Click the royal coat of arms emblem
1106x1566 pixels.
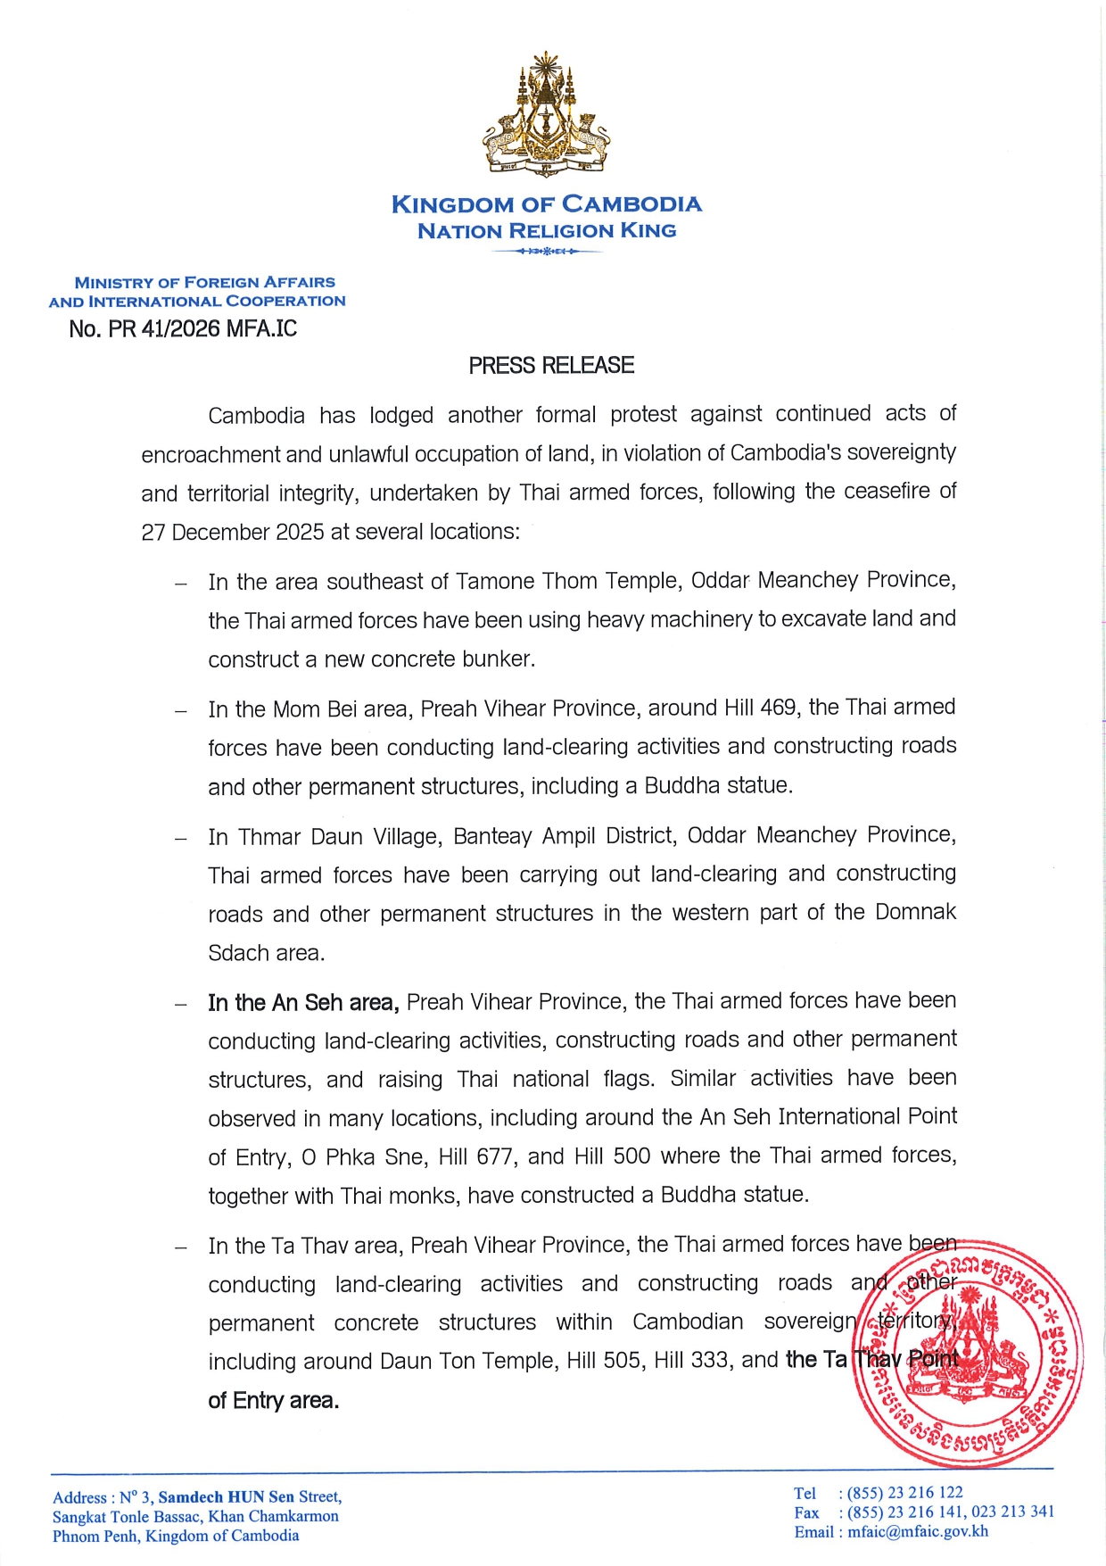pos(546,114)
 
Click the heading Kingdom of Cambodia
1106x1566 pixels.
pos(546,204)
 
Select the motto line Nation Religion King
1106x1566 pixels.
pos(546,231)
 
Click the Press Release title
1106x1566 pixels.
pos(551,366)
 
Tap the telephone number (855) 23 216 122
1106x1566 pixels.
pos(904,1493)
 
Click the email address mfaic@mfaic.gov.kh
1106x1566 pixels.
pos(918,1532)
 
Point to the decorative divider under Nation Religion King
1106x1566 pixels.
pos(547,252)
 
